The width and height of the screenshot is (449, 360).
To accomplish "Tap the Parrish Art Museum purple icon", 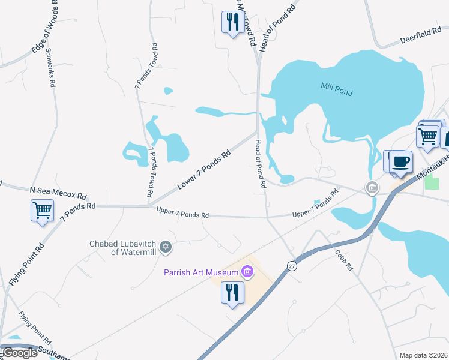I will point(247,273).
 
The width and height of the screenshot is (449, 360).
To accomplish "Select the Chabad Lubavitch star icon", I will point(166,247).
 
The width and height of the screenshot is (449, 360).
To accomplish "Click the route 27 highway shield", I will point(292,266).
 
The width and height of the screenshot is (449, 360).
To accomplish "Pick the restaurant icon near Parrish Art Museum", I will point(232,293).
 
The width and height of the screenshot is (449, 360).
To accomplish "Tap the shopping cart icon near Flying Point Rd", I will point(42,211).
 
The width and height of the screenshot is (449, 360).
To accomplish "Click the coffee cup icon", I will point(401,162).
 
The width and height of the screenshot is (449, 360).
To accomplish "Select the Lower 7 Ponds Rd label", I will point(204,170).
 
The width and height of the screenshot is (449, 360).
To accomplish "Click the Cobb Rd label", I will point(344,260).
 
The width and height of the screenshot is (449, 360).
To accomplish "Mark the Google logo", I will point(20,353).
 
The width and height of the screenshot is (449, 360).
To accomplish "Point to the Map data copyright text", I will point(423,355).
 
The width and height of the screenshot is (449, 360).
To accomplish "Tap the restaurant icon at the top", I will point(232,23).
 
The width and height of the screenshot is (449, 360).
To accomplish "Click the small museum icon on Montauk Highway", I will point(372,188).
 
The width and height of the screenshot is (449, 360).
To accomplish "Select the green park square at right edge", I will point(430,183).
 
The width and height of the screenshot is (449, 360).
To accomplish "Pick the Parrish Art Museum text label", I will point(201,272).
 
